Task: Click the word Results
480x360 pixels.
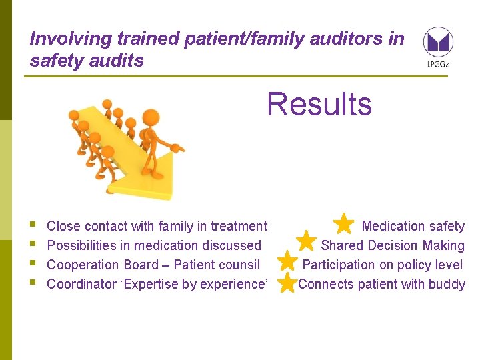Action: pyautogui.click(x=319, y=105)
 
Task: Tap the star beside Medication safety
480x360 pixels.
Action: pyautogui.click(x=344, y=223)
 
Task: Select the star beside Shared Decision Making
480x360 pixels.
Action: pyautogui.click(x=306, y=241)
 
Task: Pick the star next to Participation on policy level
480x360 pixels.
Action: pyautogui.click(x=287, y=261)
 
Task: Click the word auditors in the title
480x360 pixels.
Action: pyautogui.click(x=344, y=39)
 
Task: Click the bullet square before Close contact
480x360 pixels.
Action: pyautogui.click(x=33, y=225)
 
